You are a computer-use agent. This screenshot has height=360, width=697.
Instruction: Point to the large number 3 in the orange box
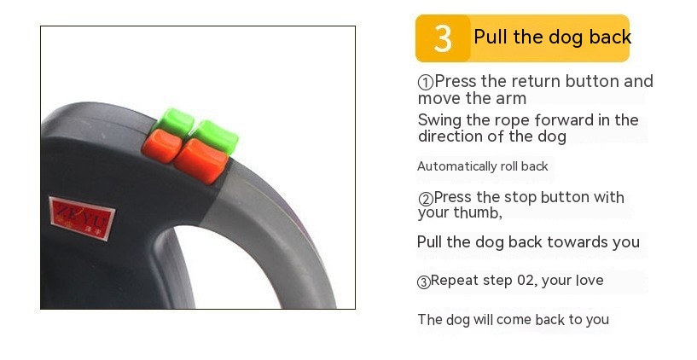coord(443,38)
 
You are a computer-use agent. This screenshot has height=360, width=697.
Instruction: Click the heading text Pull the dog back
coord(552,38)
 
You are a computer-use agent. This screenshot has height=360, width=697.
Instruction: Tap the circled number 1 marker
coord(425,83)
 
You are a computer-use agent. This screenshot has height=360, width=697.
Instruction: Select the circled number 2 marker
coord(425,199)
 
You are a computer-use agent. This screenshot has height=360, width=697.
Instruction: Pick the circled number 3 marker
coord(423,282)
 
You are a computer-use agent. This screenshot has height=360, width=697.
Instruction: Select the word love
coord(587,281)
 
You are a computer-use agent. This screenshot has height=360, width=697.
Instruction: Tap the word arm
coord(511,98)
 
